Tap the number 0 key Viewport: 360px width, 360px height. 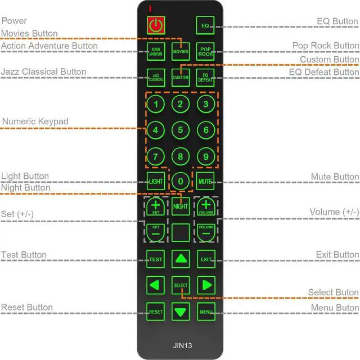181,181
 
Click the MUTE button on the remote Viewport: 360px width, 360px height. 205,181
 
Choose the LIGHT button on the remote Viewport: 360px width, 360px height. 156,181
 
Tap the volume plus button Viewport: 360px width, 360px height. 206,206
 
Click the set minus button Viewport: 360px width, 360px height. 156,231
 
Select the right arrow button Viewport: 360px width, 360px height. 206,284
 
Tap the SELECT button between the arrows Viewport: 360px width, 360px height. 181,285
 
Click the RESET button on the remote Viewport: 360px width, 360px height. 156,311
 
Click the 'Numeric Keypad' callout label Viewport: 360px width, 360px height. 35,121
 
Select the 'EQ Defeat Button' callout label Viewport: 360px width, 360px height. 324,72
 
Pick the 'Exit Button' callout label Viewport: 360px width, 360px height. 337,255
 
